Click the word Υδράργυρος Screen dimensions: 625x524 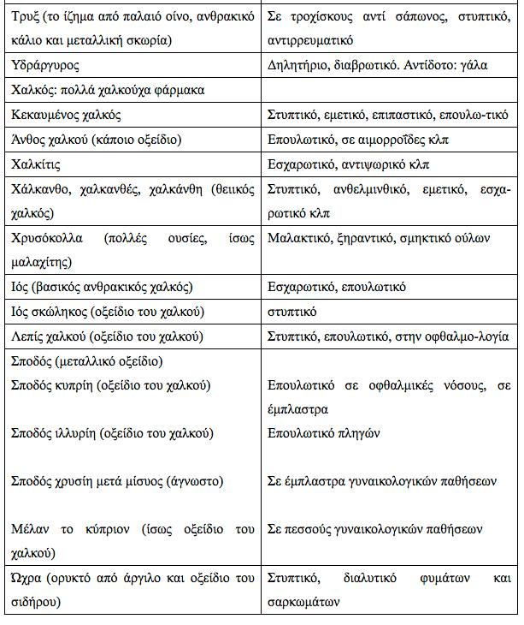click(44, 64)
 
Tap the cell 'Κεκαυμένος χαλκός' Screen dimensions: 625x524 click(67, 114)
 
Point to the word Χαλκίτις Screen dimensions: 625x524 click(37, 164)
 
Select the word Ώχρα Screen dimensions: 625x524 click(28, 579)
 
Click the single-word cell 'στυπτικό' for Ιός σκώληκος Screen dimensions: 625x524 click(291, 311)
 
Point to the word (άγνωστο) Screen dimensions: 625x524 click(217, 481)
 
